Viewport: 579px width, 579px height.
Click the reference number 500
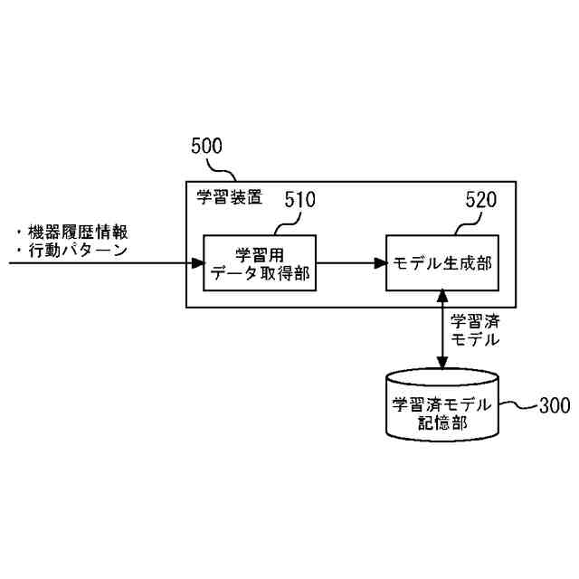(x=206, y=147)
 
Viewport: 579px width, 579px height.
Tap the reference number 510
(x=299, y=201)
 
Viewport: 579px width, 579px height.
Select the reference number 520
(x=480, y=201)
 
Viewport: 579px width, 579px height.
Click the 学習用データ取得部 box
(x=261, y=263)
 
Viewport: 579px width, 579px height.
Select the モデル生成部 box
(x=441, y=263)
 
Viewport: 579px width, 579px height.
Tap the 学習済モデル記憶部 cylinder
(x=441, y=404)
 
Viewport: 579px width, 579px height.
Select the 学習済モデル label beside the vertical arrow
(x=473, y=331)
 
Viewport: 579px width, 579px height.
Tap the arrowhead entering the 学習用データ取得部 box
(x=198, y=263)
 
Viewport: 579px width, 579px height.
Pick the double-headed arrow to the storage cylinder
(x=441, y=330)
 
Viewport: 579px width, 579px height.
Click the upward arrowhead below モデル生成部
(x=441, y=297)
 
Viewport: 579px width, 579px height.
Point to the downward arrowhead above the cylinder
(x=441, y=363)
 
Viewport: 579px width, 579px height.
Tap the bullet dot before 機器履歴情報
(x=19, y=233)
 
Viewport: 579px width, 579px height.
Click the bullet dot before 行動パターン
(x=19, y=251)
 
